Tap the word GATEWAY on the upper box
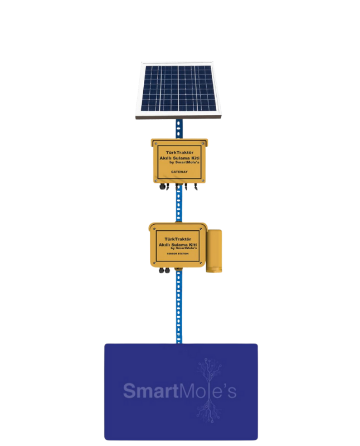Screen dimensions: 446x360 [179, 173]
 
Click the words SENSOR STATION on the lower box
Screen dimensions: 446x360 [177, 254]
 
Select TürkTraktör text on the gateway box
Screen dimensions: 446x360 [178, 152]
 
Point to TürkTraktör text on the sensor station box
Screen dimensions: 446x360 [176, 238]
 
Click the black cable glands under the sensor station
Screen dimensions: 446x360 [165, 271]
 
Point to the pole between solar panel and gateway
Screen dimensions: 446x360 [179, 128]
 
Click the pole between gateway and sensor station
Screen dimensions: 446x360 [179, 206]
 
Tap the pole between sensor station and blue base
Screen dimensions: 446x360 [179, 307]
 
